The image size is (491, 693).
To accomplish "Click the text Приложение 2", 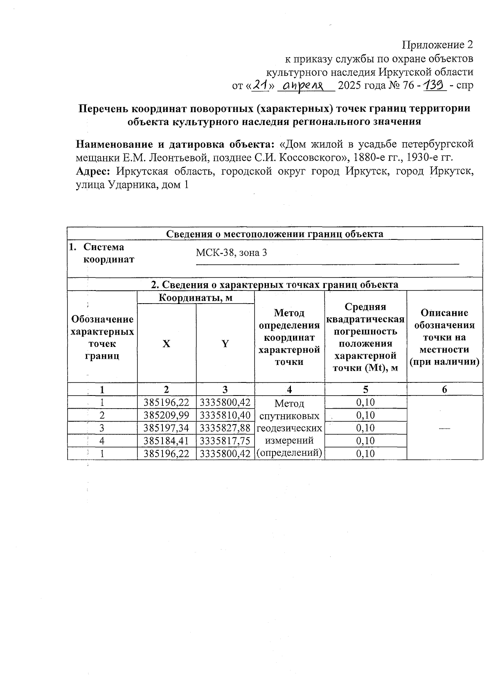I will coord(438,45).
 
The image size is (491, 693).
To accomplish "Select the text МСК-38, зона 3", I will coord(231,253).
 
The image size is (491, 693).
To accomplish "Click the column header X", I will coord(166,344).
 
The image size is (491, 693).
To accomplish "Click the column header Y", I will coord(225,344).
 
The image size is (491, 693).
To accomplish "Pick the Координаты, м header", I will coord(196,297).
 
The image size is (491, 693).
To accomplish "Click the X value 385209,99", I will coord(167,415).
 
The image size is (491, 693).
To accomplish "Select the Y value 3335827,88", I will coord(225,428).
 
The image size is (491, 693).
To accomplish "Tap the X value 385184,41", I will coord(167,440).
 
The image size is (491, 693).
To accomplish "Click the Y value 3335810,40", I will coord(225,415).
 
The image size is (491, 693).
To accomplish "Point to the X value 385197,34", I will coord(167,428).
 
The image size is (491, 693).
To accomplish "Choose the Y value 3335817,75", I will coord(225,440).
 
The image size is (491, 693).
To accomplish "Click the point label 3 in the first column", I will coord(102,428).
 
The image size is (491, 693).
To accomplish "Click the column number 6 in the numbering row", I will coord(444,389).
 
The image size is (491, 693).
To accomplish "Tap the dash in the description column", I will coord(444,428).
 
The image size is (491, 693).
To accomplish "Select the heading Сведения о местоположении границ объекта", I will coord(275,234).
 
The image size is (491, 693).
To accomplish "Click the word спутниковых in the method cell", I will coord(289,416).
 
